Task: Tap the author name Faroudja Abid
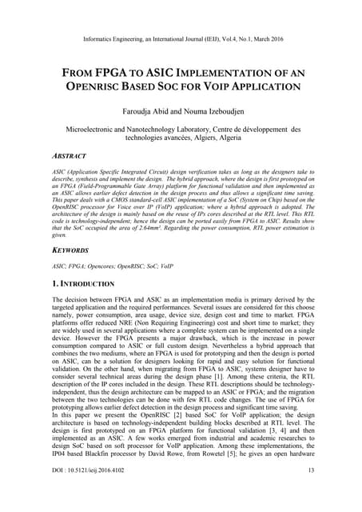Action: (144, 113)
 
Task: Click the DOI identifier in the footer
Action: (89, 492)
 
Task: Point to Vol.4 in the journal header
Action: (231, 38)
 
